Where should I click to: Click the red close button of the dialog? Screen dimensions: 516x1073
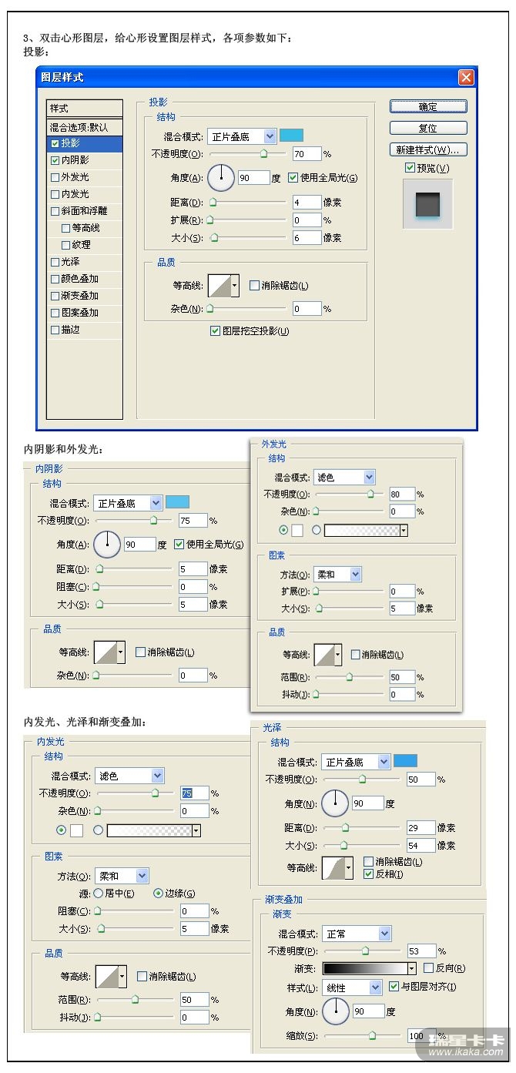[466, 77]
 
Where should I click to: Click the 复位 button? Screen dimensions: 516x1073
[428, 128]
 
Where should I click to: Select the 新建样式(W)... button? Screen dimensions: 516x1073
[428, 150]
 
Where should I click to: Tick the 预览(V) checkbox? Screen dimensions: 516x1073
[410, 168]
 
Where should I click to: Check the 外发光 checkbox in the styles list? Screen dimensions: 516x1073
[55, 177]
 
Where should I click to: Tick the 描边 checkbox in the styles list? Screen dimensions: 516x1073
[55, 330]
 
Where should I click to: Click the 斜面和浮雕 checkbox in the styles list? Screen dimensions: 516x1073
[55, 211]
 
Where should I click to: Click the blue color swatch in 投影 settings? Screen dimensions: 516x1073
[291, 136]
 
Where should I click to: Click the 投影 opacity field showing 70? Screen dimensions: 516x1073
[307, 154]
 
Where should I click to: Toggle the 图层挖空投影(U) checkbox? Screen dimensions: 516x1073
[215, 331]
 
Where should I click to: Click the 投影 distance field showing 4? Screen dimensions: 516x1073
[307, 202]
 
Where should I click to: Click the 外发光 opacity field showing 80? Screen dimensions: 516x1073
[401, 495]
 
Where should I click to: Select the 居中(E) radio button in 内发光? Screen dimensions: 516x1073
[99, 893]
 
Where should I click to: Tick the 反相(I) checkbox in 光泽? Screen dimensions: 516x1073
[368, 874]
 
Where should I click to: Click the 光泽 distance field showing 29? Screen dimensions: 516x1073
[421, 828]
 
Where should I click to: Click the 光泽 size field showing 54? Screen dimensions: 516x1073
[421, 846]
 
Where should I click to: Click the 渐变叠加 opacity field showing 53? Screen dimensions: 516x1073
[421, 951]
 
